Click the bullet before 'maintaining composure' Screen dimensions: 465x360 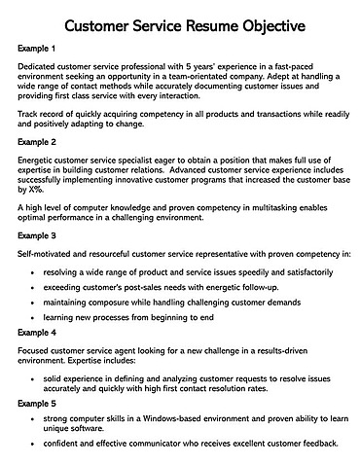(35, 301)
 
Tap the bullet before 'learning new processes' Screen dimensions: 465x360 (35, 317)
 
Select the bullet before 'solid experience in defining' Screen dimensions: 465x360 (35, 375)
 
